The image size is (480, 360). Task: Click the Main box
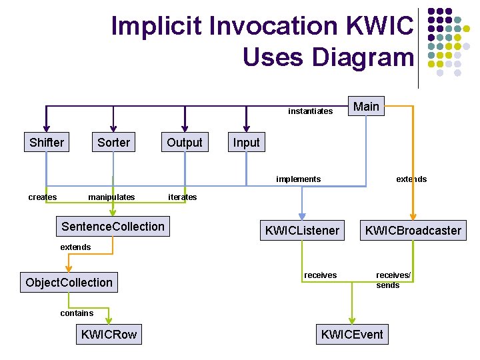click(366, 107)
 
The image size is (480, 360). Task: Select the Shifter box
click(47, 143)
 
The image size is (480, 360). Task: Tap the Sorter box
click(114, 143)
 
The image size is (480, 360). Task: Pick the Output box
click(185, 143)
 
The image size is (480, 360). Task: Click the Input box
click(246, 143)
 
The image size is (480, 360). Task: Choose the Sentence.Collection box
click(113, 227)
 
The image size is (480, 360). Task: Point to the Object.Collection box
click(69, 283)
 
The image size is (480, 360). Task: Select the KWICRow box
click(109, 335)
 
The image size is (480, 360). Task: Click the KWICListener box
click(302, 231)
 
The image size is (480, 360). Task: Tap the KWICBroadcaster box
click(413, 231)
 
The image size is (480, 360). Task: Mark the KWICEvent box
click(353, 335)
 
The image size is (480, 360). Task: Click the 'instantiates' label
click(310, 111)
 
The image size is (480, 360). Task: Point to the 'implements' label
click(298, 179)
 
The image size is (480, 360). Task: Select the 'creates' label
click(43, 197)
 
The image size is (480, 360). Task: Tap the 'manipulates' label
click(111, 197)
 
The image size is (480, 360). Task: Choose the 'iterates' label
click(183, 197)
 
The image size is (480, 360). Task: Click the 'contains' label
click(77, 313)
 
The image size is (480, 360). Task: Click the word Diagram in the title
click(328, 57)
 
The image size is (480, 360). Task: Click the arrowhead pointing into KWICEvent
click(353, 319)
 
